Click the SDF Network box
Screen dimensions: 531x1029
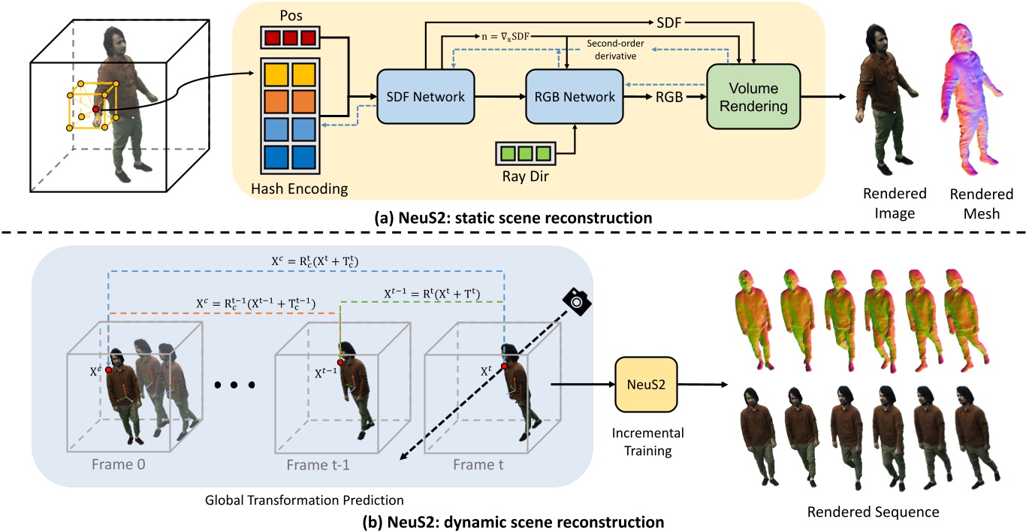point(425,97)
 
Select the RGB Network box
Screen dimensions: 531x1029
point(575,97)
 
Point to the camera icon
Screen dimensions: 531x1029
point(576,301)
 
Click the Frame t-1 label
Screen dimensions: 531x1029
point(318,464)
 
